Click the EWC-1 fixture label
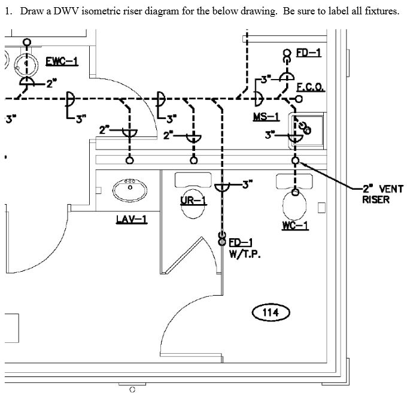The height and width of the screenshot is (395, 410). pos(62,62)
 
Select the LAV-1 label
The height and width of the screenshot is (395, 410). pos(132,220)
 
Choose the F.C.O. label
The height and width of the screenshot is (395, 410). pos(311,87)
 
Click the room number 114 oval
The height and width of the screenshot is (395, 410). pos(271,312)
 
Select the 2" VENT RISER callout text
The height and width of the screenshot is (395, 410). pos(382,194)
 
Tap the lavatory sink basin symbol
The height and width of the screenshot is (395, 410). pos(129,189)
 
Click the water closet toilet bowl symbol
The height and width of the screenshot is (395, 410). pos(294,205)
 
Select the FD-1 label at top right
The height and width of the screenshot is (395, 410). pos(309,53)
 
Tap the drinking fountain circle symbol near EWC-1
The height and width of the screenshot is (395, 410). pos(25,65)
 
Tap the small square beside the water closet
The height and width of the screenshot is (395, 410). pos(321,208)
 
